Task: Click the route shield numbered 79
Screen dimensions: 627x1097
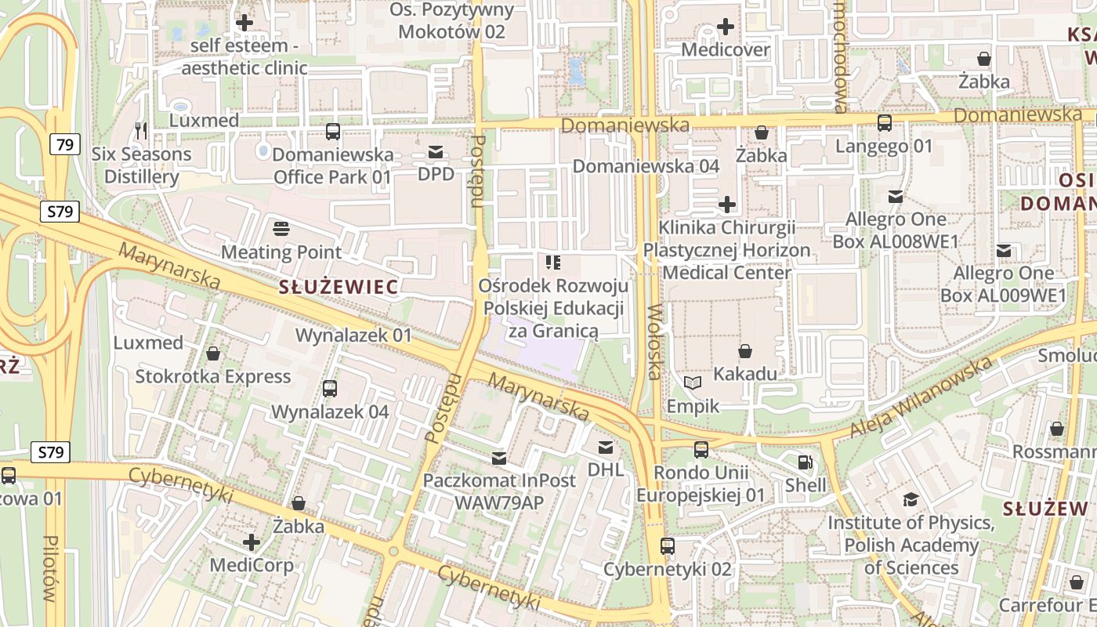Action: pyautogui.click(x=65, y=144)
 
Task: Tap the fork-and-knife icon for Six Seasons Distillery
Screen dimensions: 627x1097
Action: pyautogui.click(x=141, y=131)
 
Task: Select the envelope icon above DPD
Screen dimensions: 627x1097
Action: pyautogui.click(x=436, y=151)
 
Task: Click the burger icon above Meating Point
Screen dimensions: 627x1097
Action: pyautogui.click(x=281, y=229)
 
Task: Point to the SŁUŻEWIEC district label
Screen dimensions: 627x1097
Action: pyautogui.click(x=339, y=287)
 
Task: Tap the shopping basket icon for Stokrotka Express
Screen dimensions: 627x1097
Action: pyautogui.click(x=213, y=353)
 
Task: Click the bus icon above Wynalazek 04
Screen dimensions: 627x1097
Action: pyautogui.click(x=330, y=388)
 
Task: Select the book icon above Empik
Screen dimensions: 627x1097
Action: pyautogui.click(x=693, y=382)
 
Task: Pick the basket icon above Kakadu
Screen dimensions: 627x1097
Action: pyautogui.click(x=745, y=351)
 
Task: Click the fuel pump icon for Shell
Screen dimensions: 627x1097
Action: pyautogui.click(x=805, y=462)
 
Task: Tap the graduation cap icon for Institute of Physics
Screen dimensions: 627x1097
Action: pyautogui.click(x=911, y=499)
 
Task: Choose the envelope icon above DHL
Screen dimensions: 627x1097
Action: pyautogui.click(x=606, y=448)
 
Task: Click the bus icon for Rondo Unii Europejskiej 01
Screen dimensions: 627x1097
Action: pyautogui.click(x=701, y=450)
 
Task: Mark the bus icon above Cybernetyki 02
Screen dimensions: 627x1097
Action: pyautogui.click(x=668, y=546)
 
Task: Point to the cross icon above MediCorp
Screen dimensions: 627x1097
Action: pyautogui.click(x=252, y=542)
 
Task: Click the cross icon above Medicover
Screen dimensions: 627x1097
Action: pyautogui.click(x=726, y=27)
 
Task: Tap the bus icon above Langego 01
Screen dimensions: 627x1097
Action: pyautogui.click(x=885, y=123)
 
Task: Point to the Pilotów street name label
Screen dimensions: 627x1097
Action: pyautogui.click(x=51, y=568)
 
